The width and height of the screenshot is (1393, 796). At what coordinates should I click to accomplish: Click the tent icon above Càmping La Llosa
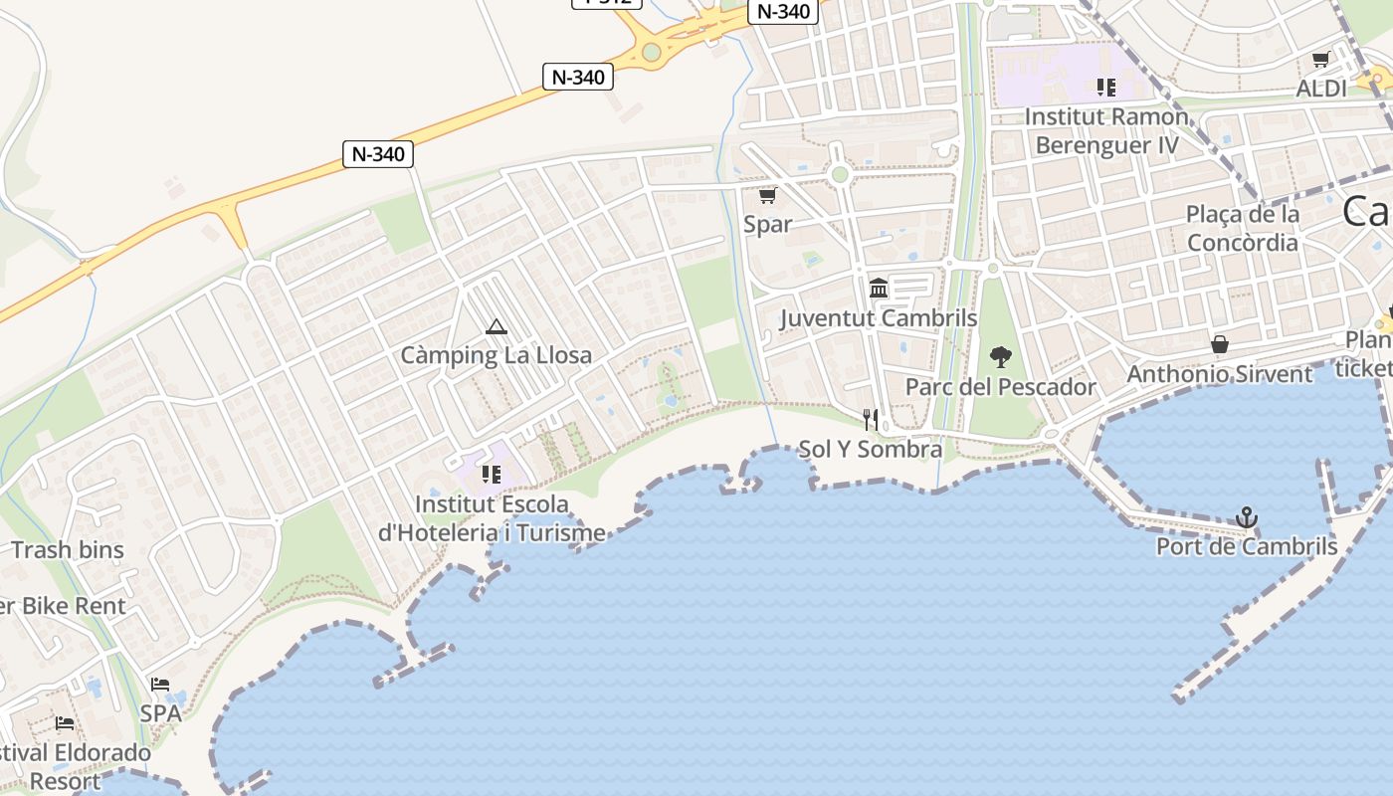496,326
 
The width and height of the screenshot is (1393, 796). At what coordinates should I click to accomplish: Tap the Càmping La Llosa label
496,355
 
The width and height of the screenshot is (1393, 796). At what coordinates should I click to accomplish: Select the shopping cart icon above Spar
767,195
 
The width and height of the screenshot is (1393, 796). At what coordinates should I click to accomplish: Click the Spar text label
767,224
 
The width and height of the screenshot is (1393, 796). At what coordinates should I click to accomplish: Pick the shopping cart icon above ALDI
1320,60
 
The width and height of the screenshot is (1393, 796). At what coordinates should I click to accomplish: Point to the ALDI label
1320,89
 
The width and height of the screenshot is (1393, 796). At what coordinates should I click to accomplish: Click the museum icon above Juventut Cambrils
879,289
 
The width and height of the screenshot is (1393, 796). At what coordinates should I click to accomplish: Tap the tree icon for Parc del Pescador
1001,357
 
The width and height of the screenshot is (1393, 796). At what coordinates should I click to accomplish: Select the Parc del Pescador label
1001,387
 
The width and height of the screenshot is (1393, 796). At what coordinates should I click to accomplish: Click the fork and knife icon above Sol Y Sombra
871,420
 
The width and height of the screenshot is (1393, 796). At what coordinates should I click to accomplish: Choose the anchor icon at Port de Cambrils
1247,517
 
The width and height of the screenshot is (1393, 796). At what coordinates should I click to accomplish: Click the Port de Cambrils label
1247,546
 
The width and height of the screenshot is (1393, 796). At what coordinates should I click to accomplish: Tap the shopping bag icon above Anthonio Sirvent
1220,344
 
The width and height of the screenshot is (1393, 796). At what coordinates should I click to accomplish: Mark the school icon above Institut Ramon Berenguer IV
1106,88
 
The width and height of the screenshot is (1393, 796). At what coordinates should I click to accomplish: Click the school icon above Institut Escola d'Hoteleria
491,474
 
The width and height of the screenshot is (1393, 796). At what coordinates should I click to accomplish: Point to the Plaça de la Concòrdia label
1243,228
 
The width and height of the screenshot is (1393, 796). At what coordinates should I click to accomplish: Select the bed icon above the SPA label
160,684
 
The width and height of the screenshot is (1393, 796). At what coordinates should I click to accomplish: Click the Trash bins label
68,549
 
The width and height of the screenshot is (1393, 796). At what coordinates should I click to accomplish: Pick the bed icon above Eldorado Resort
65,723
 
